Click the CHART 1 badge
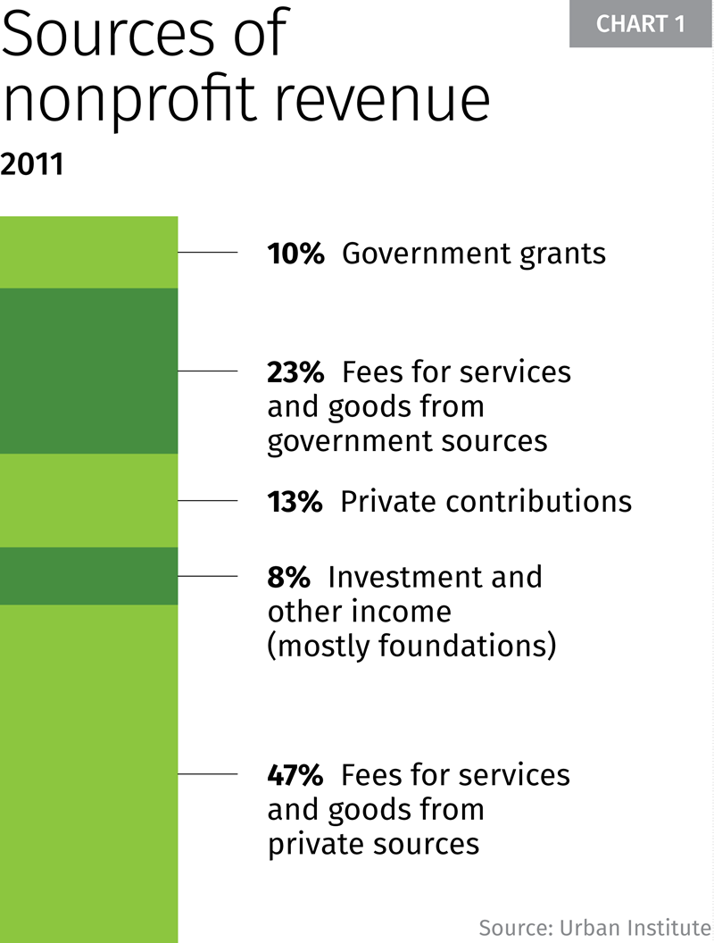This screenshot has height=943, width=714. [640, 24]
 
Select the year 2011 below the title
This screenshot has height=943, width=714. [32, 165]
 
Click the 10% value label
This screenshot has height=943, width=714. [295, 254]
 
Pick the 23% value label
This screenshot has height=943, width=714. [295, 371]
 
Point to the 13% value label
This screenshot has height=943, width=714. [295, 502]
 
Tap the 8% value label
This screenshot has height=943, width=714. [288, 577]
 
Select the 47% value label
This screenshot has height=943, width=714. [295, 774]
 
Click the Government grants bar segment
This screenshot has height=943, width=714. [88, 253]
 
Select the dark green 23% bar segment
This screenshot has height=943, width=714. [88, 371]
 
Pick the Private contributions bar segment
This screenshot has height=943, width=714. [88, 500]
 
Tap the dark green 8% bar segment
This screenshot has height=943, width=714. [88, 576]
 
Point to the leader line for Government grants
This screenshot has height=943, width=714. [208, 253]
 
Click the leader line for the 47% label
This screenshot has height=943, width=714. [208, 774]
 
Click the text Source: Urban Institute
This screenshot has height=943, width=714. [594, 925]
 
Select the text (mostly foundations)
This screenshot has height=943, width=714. [411, 646]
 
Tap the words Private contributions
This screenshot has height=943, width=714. [486, 502]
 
